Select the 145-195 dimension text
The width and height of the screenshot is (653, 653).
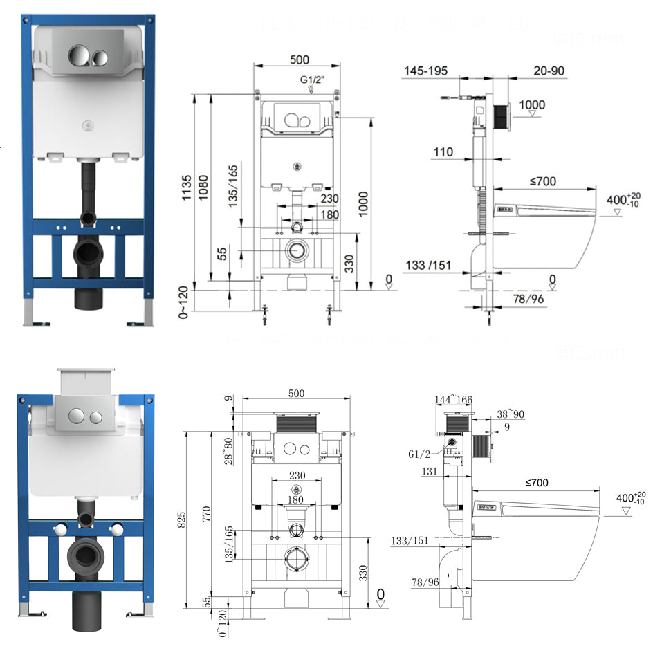pyautogui.click(x=425, y=71)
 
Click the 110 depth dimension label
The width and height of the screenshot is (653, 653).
pyautogui.click(x=443, y=152)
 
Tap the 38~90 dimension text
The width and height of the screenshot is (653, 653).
pyautogui.click(x=511, y=415)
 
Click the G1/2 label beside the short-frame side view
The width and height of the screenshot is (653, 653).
pyautogui.click(x=420, y=454)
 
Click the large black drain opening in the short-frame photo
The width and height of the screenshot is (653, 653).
pyautogui.click(x=87, y=555)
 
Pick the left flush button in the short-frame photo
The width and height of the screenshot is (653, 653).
pyautogui.click(x=77, y=417)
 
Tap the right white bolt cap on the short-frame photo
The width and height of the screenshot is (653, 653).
pyautogui.click(x=118, y=529)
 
